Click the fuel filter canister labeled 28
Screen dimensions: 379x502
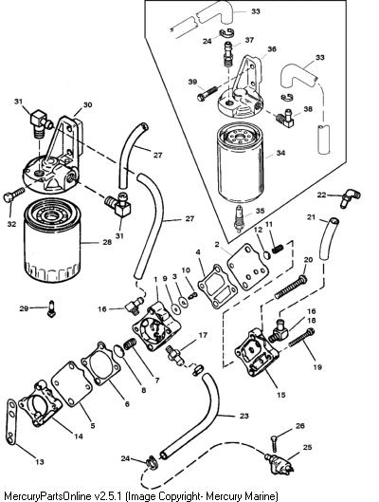52,240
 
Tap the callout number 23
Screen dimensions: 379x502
244,416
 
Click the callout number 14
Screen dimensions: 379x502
79,437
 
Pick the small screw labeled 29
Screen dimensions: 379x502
51,309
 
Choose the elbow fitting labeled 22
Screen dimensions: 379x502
351,198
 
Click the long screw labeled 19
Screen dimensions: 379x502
301,338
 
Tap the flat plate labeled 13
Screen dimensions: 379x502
11,422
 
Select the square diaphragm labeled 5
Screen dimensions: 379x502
72,383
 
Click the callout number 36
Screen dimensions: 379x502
272,49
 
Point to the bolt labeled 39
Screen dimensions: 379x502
208,93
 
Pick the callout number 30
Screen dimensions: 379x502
87,104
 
